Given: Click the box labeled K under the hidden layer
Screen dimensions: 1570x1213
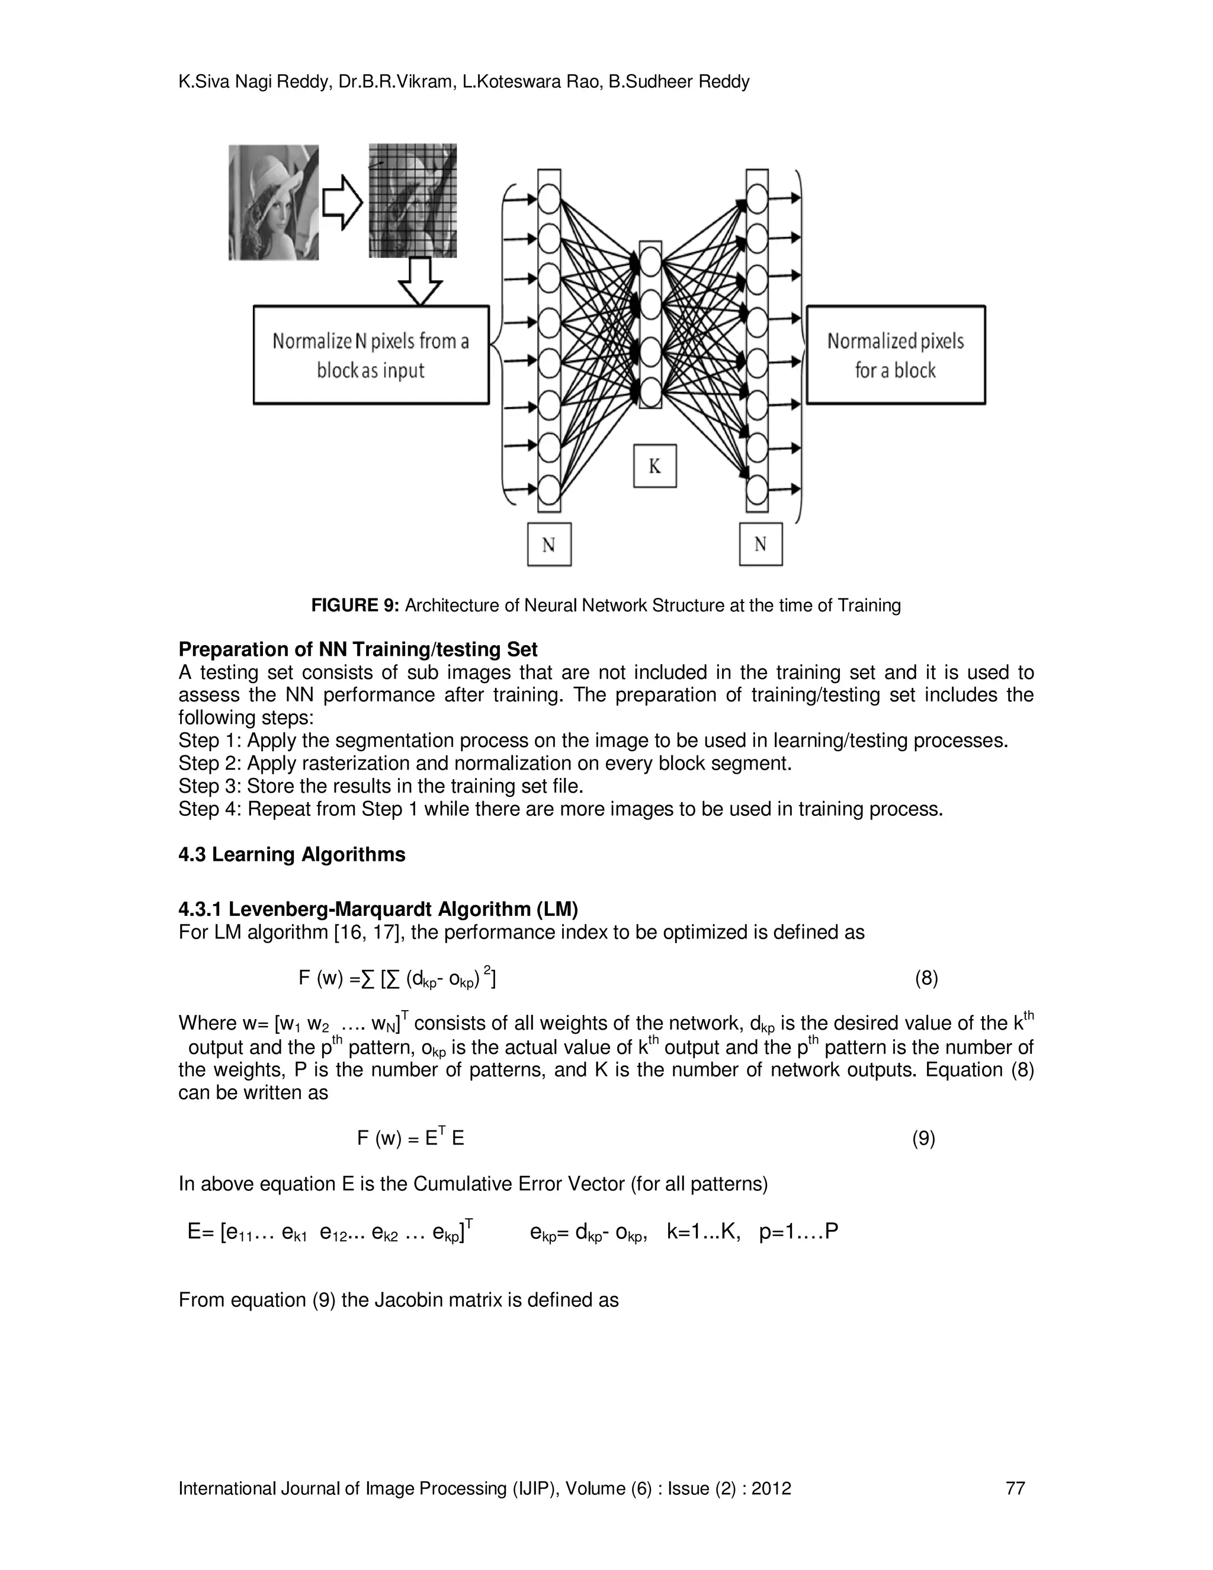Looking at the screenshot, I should [x=654, y=466].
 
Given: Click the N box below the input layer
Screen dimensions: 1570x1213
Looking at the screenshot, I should [x=549, y=544].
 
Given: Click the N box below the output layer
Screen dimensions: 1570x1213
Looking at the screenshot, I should [x=760, y=544].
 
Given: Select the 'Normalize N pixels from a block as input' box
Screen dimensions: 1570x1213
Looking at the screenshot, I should [x=371, y=355].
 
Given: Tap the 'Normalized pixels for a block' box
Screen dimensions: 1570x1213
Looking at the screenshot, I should [x=896, y=355].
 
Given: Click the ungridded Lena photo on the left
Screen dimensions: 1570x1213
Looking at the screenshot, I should [x=273, y=202].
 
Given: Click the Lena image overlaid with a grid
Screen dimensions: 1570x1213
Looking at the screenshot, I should [x=412, y=201].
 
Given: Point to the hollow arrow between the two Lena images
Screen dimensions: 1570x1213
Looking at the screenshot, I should [x=343, y=203].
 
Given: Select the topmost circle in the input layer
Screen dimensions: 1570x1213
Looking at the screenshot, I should [x=548, y=198].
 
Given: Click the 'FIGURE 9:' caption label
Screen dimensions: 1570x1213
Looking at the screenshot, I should [x=355, y=605].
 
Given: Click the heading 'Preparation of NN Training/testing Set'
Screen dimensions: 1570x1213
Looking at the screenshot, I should [x=358, y=649].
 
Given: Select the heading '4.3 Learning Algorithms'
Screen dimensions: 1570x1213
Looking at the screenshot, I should [x=292, y=855].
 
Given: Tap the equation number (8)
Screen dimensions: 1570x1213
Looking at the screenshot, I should [x=926, y=978].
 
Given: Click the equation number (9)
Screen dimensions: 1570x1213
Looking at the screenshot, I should [x=923, y=1138].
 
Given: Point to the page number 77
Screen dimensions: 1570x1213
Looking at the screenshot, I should [x=1015, y=1488].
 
